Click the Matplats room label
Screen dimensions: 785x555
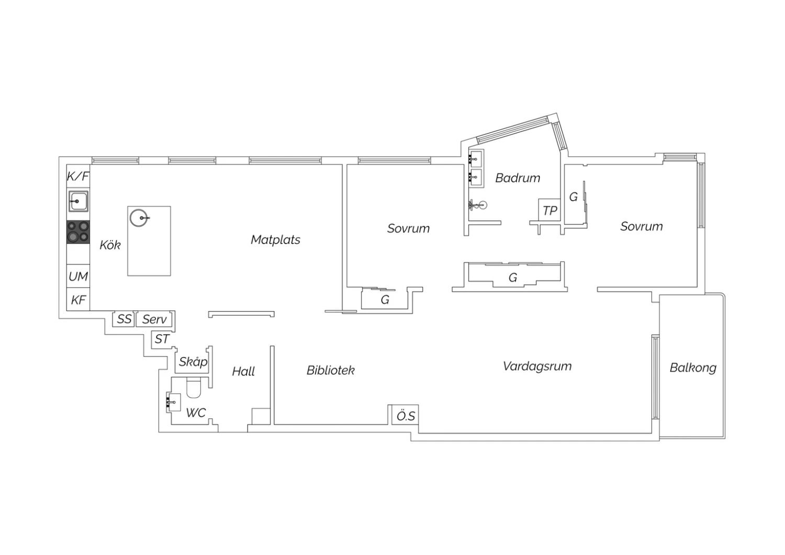[275, 240]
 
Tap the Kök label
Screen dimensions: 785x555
[110, 245]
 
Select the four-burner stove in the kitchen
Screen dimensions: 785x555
[78, 232]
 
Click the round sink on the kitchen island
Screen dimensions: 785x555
[139, 218]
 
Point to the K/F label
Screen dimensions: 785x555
[78, 176]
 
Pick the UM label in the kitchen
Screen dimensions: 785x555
[78, 276]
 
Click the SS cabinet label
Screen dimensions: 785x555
[124, 319]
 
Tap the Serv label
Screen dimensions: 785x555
[154, 319]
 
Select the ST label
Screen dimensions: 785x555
[162, 339]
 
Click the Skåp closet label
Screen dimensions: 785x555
[193, 361]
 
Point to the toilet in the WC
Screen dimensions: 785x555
[194, 388]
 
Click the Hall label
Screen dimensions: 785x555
[243, 371]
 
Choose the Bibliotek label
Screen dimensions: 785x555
[330, 370]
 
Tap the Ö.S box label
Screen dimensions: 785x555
[406, 416]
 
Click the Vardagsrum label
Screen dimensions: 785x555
[537, 367]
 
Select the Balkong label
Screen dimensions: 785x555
[693, 368]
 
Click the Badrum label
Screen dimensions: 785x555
[518, 178]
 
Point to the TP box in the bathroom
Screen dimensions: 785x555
[549, 210]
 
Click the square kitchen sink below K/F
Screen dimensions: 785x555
[78, 201]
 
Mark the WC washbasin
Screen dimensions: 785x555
[173, 402]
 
